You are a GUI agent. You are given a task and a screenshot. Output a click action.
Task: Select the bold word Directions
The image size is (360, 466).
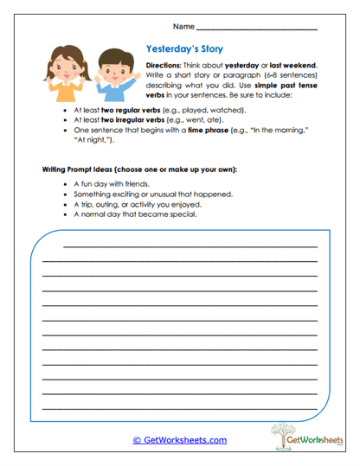(163, 66)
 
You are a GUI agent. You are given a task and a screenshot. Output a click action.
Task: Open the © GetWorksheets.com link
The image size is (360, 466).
(180, 440)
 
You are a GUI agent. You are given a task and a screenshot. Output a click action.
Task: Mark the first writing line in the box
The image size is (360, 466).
(190, 246)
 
